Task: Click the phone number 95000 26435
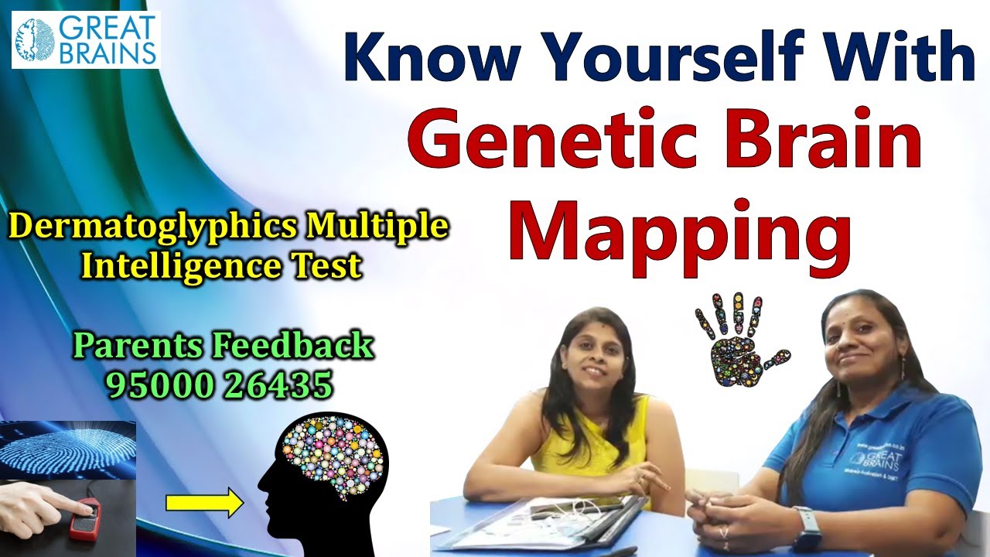[x=220, y=384]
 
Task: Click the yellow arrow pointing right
[x=203, y=504]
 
